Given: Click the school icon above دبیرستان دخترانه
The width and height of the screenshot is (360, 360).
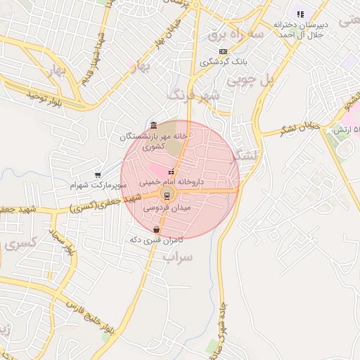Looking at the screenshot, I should point(300,13).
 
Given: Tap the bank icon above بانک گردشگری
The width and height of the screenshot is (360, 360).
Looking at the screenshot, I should point(224,51).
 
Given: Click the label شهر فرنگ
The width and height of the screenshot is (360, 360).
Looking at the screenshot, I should point(193,94).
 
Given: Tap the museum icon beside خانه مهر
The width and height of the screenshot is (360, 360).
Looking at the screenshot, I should point(153,125).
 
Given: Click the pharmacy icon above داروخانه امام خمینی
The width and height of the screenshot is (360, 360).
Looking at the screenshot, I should point(171,171).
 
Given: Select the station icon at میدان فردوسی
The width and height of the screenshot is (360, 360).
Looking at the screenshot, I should point(167,195).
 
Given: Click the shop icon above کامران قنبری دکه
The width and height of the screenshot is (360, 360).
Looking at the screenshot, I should point(156,229).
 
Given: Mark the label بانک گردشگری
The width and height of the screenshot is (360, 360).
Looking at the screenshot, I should point(224,62).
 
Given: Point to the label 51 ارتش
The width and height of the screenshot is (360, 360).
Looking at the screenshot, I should point(346,130).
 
